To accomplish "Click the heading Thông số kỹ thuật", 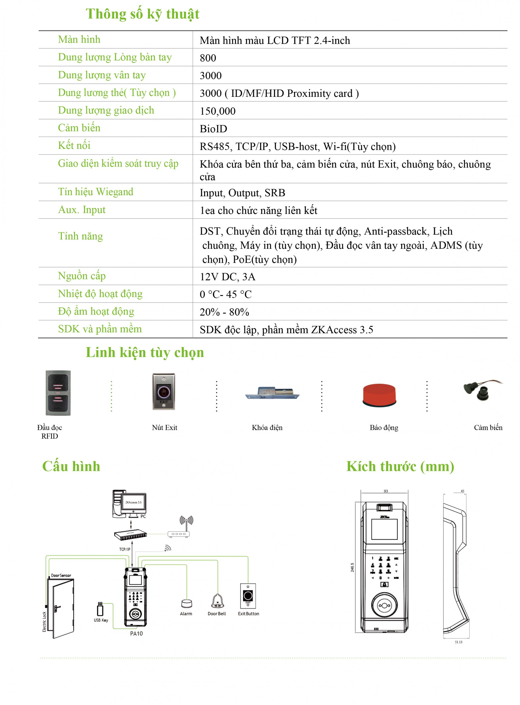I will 142,14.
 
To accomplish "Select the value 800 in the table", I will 208,58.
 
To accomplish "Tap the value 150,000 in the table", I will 218,111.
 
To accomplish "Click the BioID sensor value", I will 213,129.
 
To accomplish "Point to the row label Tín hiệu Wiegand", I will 95,192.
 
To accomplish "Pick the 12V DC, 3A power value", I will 227,277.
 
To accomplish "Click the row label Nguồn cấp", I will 82,276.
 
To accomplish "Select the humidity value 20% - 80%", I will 224,312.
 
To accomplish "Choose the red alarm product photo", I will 379,395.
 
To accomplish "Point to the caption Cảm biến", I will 488,427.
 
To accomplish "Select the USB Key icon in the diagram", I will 100,609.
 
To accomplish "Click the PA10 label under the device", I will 136,633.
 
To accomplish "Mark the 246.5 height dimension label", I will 352,567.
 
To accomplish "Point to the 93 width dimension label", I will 386,491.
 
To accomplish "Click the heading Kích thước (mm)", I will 400,466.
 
